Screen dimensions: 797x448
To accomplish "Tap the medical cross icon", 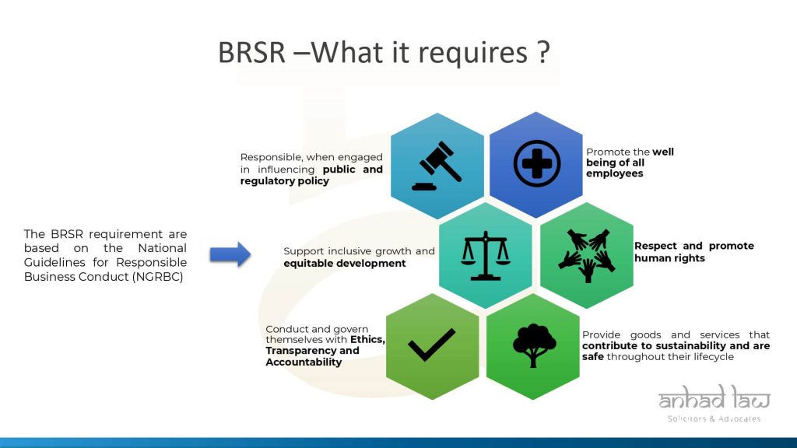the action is [x=537, y=163].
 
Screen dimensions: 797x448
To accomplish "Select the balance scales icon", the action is [x=486, y=255].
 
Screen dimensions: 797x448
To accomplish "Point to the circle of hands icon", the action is [x=587, y=255].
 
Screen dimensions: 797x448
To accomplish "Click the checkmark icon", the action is [x=431, y=345].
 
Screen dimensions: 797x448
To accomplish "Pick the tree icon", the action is [x=534, y=345].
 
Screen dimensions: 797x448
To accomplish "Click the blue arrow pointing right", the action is [x=230, y=254].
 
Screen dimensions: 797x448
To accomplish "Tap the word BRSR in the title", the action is [x=251, y=52].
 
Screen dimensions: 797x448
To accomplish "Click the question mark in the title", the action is [x=542, y=52].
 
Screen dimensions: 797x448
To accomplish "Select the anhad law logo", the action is [x=714, y=397].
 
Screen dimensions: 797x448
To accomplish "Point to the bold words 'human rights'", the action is [x=669, y=258].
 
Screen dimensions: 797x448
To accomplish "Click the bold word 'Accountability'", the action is [x=304, y=362].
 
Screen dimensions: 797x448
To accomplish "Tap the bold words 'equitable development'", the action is [x=345, y=264].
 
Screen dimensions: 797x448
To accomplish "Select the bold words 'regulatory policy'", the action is [x=285, y=180].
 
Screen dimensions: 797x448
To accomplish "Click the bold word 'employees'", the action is [x=615, y=173].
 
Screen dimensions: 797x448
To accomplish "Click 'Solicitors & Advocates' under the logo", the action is [x=714, y=419].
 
